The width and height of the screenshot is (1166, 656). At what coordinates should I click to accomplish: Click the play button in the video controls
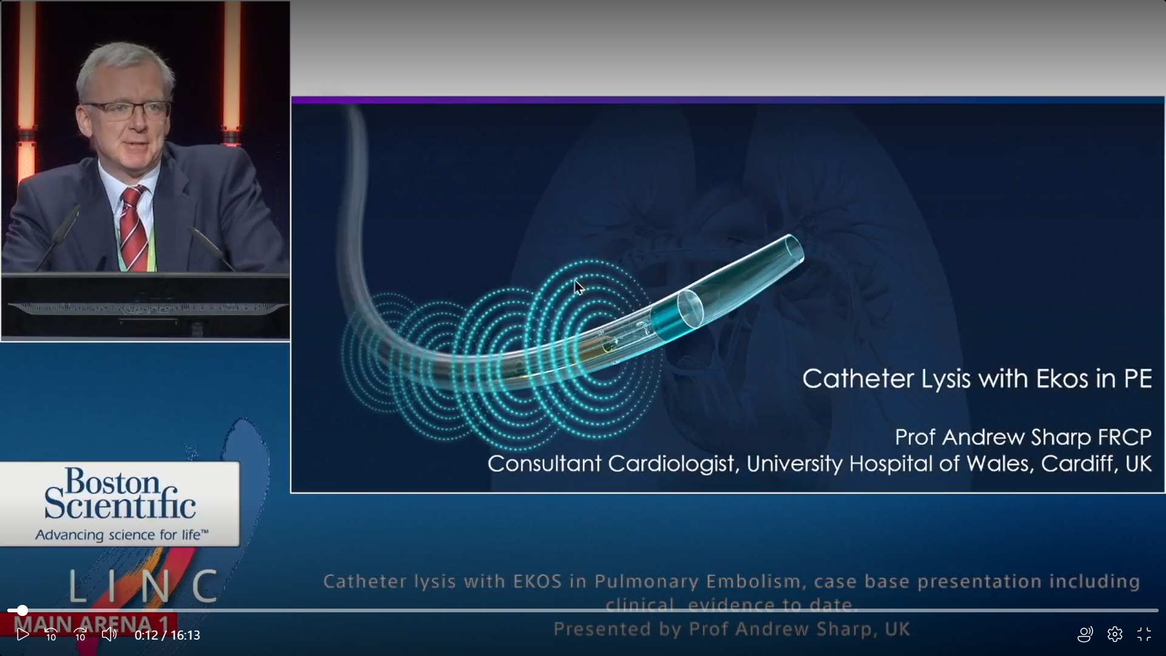[22, 635]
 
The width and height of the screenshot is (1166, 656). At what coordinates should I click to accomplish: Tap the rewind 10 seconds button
[51, 635]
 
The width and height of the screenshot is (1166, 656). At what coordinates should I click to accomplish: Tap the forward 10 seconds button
[80, 635]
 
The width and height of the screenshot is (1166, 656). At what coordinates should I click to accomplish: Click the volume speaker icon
[109, 635]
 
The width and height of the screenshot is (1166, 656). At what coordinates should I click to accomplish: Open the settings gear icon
[1115, 635]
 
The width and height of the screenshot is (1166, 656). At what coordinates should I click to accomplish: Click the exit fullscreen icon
[1144, 635]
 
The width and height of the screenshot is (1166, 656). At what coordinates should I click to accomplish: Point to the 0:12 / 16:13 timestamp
[167, 635]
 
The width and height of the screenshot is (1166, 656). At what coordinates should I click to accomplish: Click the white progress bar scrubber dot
[22, 610]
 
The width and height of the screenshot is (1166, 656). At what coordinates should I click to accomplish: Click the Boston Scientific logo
[120, 504]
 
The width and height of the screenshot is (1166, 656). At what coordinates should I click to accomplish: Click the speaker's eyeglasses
[128, 110]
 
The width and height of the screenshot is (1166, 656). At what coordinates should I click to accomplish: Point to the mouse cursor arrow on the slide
[579, 287]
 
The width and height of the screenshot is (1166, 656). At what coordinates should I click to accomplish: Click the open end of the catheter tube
[794, 248]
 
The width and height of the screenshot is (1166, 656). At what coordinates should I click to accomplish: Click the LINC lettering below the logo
[143, 586]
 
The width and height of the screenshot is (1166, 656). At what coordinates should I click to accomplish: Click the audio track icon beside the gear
[1085, 635]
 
